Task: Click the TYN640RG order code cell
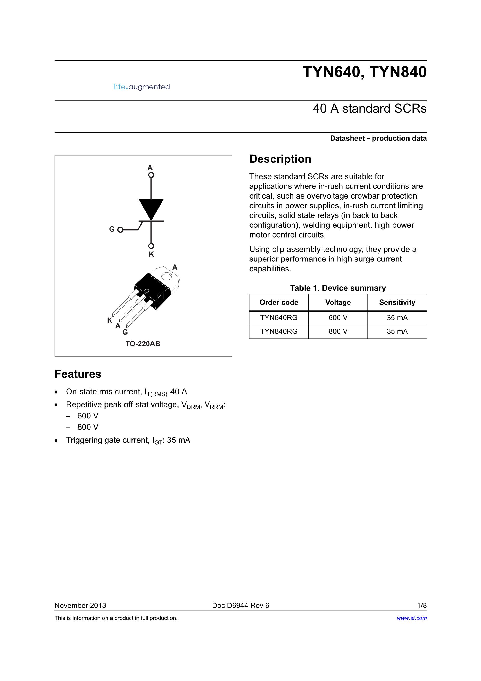pyautogui.click(x=279, y=318)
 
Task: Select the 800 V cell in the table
pyautogui.click(x=338, y=331)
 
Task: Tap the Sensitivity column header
pyautogui.click(x=397, y=302)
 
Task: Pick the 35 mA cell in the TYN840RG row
pyautogui.click(x=397, y=331)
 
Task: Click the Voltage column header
pyautogui.click(x=338, y=302)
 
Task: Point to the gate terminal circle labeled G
pyautogui.click(x=120, y=230)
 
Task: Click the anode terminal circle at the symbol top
pyautogui.click(x=151, y=175)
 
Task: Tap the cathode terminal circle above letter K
pyautogui.click(x=151, y=246)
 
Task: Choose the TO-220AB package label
pyautogui.click(x=143, y=344)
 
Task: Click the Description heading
pyautogui.click(x=280, y=159)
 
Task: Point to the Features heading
pyautogui.click(x=78, y=374)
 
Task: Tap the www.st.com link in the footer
pyautogui.click(x=412, y=618)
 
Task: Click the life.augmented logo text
pyautogui.click(x=142, y=87)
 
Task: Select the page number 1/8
pyautogui.click(x=422, y=605)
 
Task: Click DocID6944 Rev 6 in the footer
pyautogui.click(x=241, y=605)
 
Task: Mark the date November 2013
pyautogui.click(x=80, y=605)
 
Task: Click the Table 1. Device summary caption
pyautogui.click(x=338, y=288)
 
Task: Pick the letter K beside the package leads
pyautogui.click(x=109, y=320)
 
